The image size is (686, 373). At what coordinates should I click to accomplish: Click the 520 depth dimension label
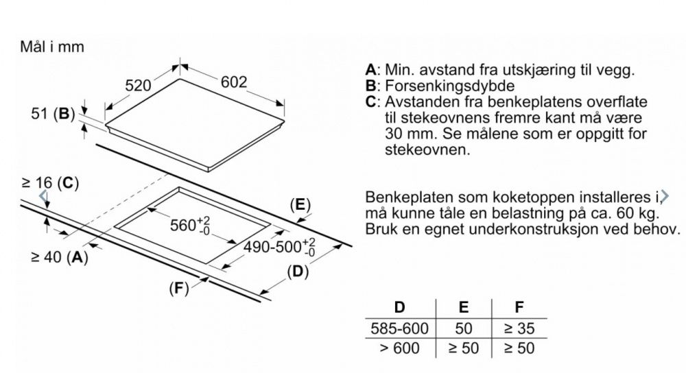[138, 85]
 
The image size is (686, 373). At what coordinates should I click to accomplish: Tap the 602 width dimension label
[234, 82]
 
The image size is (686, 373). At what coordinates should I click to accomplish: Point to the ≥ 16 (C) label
[50, 183]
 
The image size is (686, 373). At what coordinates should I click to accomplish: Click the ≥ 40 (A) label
[60, 257]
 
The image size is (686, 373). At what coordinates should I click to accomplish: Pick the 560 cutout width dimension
[190, 226]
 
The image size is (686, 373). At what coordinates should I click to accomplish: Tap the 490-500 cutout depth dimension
[279, 247]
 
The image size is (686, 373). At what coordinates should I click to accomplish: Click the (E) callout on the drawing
[300, 204]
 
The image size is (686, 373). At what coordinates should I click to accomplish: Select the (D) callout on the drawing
[298, 272]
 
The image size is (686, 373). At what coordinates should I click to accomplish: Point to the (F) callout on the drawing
[179, 288]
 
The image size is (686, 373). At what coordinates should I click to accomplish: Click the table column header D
[399, 307]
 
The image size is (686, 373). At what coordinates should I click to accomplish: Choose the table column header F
[519, 307]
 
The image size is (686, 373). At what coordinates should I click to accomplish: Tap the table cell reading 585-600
[399, 328]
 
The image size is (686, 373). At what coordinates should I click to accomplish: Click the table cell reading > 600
[399, 348]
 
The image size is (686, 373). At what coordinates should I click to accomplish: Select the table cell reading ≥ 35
[519, 328]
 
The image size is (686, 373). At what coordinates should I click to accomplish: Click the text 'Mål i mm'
[52, 47]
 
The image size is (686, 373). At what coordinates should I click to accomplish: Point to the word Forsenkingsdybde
[450, 86]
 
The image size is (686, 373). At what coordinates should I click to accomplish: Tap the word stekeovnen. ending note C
[427, 149]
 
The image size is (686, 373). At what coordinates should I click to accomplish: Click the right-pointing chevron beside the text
[665, 196]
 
